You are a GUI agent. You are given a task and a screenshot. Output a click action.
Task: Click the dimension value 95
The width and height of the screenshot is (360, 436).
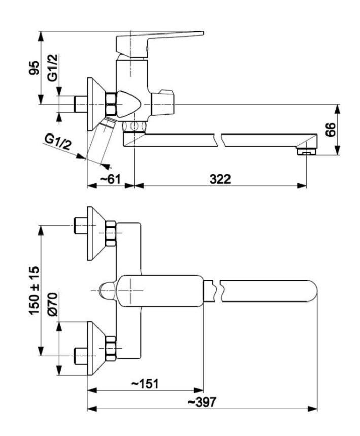(34, 68)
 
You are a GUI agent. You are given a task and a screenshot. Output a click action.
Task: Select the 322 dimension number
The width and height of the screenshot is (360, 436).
(220, 179)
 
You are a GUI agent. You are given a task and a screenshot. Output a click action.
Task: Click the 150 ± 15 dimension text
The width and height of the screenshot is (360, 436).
(34, 291)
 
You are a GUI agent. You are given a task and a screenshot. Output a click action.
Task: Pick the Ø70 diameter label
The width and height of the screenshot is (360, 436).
(53, 306)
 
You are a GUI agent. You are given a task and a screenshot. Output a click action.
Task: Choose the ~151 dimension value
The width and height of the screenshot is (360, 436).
(145, 384)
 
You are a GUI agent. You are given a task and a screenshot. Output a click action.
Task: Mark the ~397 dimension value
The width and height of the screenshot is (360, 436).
(202, 402)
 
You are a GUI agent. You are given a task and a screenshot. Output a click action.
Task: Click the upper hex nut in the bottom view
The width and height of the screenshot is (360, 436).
(111, 234)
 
